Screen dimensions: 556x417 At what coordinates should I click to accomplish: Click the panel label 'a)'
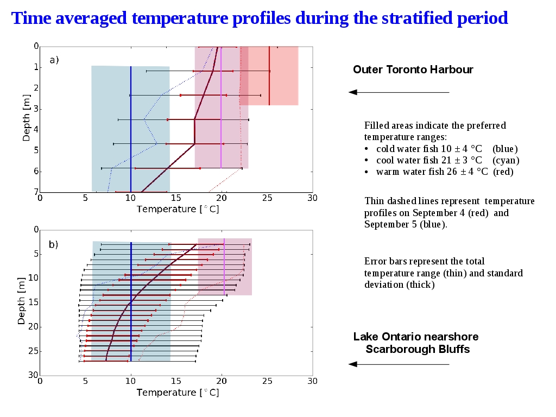coord(54,60)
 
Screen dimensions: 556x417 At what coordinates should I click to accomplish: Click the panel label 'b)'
coord(53,244)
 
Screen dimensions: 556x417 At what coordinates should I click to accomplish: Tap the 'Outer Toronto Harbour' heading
coord(413,69)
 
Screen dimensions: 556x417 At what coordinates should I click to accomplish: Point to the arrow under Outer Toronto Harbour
coord(399,92)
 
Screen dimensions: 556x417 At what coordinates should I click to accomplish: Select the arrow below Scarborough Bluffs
coord(399,364)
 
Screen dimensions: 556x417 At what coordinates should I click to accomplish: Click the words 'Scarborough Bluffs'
coord(418,349)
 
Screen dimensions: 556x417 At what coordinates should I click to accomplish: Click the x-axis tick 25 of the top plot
coord(267,198)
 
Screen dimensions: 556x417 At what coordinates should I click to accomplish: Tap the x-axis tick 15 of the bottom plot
coord(176,381)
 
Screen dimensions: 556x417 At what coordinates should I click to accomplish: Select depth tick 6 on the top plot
coord(36,171)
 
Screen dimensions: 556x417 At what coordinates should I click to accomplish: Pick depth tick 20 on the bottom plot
coord(33,326)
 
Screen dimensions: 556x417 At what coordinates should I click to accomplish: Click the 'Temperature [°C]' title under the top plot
coord(178,209)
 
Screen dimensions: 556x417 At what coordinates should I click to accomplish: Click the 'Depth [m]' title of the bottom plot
coord(21,301)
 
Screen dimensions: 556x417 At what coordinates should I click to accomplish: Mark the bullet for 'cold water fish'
coord(367,149)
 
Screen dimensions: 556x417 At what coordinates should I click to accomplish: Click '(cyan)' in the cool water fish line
coord(506,160)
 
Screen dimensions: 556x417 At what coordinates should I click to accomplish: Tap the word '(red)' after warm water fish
coord(503,172)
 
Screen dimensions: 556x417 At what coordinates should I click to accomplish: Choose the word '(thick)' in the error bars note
coord(421,285)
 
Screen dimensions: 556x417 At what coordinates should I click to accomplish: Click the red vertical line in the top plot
coord(269,75)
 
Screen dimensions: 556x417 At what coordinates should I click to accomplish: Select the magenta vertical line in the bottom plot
coord(224,267)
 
